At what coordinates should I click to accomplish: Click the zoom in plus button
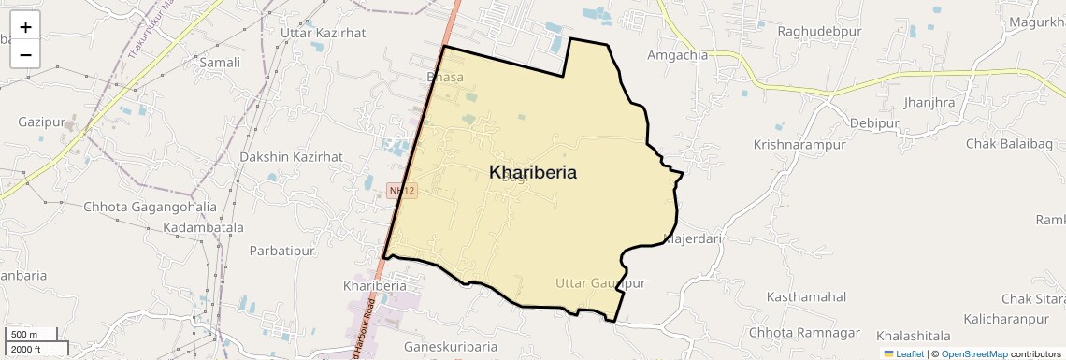click(x=25, y=27)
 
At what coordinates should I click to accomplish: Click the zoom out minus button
click(x=25, y=54)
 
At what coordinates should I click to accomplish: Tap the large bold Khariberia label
click(x=532, y=172)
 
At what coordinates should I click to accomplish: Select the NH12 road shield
click(x=402, y=191)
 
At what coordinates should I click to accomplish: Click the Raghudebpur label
click(x=820, y=31)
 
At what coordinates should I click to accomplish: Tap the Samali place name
click(x=220, y=63)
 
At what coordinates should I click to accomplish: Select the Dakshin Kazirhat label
click(x=291, y=156)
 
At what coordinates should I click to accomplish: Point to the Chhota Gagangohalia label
click(x=150, y=207)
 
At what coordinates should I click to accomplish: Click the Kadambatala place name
click(x=203, y=227)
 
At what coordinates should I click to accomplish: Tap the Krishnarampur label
click(x=799, y=145)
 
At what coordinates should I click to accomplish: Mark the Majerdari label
click(x=693, y=238)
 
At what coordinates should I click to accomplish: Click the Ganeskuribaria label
click(x=450, y=347)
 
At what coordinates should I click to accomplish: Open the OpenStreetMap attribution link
click(x=973, y=353)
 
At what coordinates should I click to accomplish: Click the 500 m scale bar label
click(x=25, y=334)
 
